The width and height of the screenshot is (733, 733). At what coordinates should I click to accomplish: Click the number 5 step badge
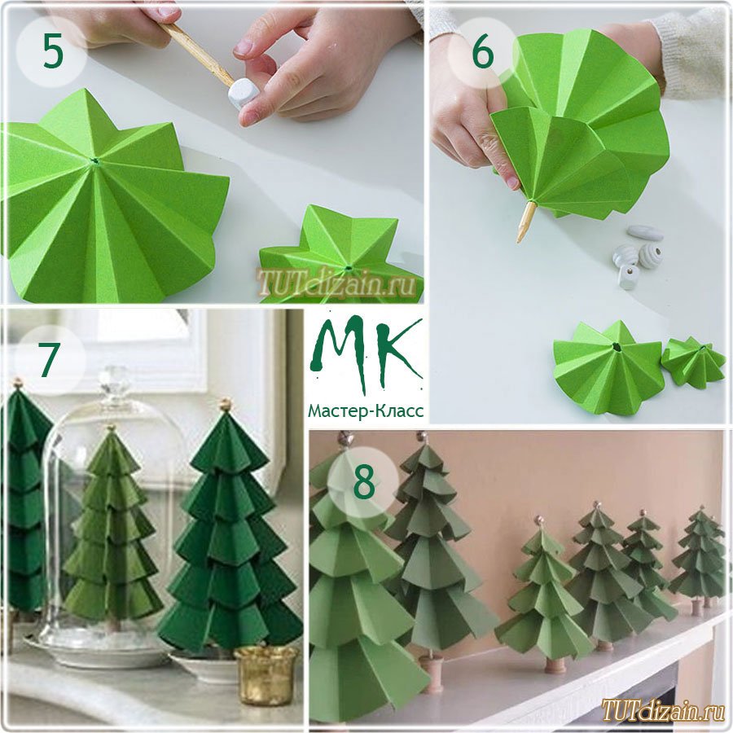51,51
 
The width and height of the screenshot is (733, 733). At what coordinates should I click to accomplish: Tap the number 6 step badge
483,52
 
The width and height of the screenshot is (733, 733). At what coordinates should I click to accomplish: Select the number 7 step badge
50,360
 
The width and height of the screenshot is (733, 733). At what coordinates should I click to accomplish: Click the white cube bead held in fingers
240,92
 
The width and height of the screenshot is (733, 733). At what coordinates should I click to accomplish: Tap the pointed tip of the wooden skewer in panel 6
519,241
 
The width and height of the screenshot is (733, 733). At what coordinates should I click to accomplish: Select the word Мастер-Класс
366,411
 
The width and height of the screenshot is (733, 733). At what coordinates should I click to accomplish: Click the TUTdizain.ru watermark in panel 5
336,283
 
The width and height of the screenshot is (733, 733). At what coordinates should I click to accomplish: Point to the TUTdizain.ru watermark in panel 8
664,710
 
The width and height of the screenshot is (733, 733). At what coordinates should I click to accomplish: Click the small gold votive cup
266,674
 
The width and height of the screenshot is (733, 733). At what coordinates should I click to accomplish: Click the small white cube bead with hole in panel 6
628,276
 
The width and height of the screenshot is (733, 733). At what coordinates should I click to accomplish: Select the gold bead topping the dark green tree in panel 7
226,404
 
